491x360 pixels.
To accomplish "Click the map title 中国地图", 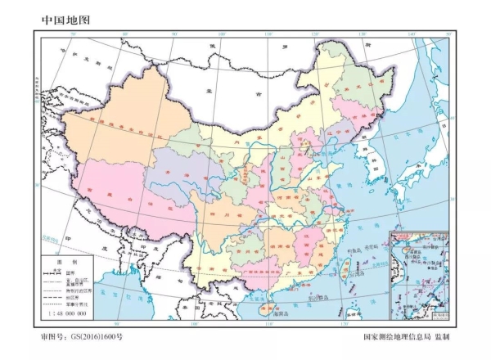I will [x=62, y=16].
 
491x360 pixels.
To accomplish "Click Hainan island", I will [x=263, y=308].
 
